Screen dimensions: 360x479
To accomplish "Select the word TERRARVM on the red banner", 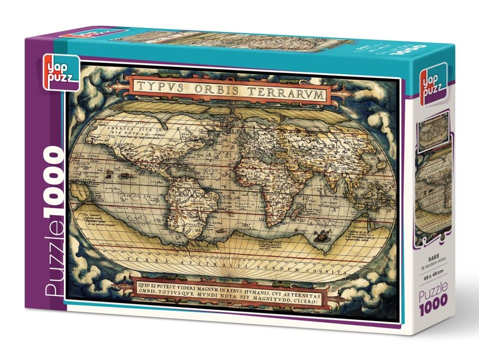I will (289, 92).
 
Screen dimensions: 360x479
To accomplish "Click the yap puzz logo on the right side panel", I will (432, 88).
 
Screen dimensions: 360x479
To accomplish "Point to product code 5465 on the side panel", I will (432, 258).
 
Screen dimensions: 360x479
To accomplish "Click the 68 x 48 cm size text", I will (432, 271).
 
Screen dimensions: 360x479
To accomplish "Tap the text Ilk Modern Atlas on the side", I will (432, 264).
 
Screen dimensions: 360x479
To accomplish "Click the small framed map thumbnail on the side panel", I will (434, 131).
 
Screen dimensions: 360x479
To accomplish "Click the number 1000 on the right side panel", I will (433, 299).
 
